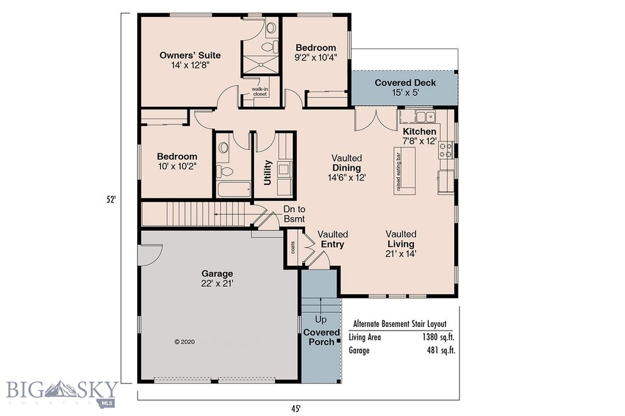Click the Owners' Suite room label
click(190, 56)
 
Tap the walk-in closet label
click(261, 92)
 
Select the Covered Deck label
click(405, 83)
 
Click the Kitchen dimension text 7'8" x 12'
click(419, 142)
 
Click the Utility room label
click(267, 172)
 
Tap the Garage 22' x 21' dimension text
click(217, 284)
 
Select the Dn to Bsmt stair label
click(294, 214)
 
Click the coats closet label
click(293, 247)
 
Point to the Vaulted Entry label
click(333, 239)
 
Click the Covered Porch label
click(322, 337)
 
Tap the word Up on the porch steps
click(320, 320)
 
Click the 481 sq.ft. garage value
click(441, 351)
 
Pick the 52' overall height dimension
click(110, 199)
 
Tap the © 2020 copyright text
click(184, 342)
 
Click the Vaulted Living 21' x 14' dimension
click(400, 254)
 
